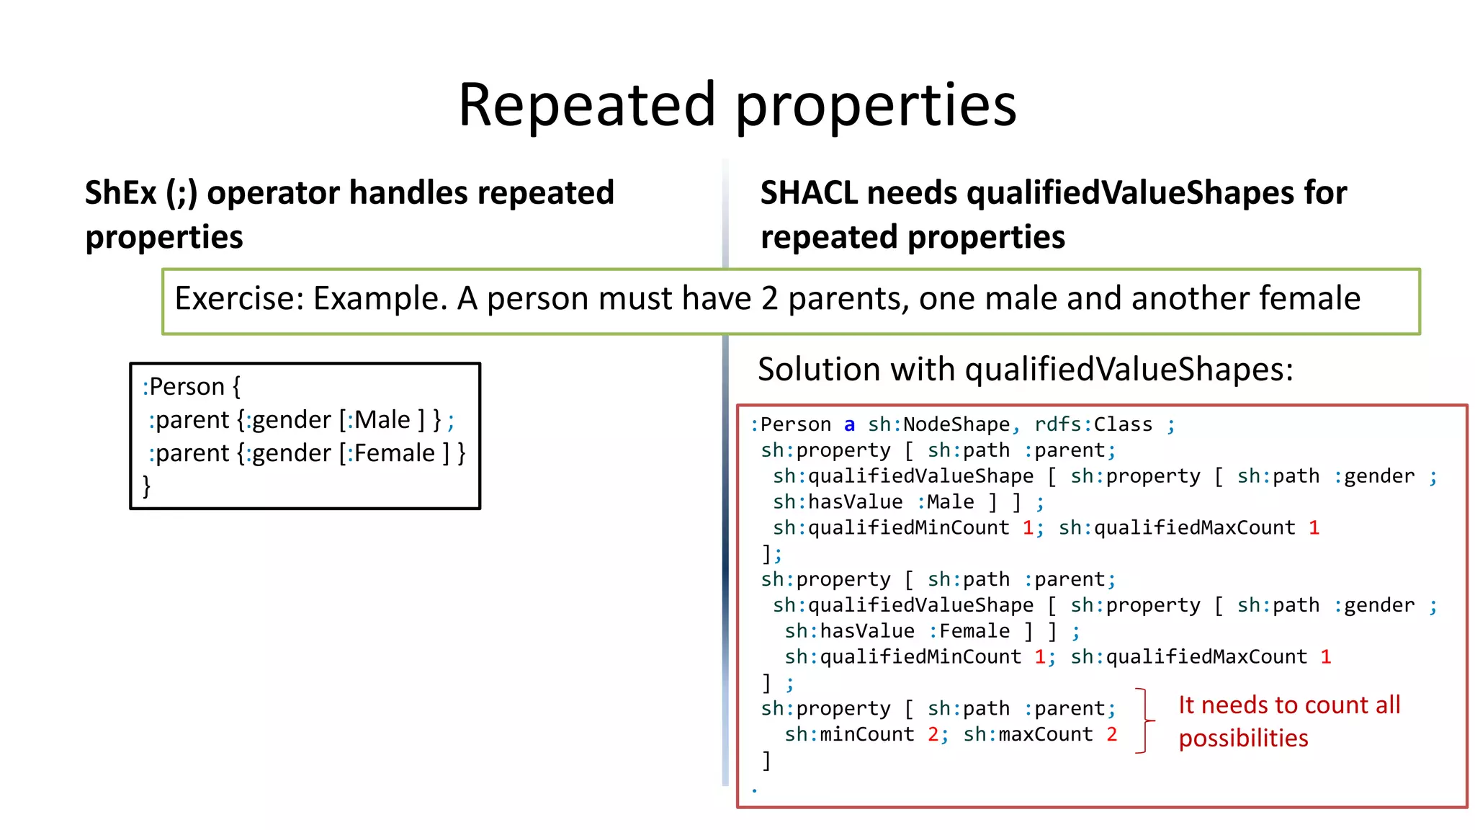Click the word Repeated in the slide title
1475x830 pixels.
[x=587, y=105]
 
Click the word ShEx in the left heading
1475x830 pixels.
[x=120, y=193]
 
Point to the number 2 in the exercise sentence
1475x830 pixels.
[x=769, y=298]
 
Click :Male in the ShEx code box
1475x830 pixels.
[x=379, y=419]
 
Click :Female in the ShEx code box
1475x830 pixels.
[x=391, y=452]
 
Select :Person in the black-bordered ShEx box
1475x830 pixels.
[x=184, y=387]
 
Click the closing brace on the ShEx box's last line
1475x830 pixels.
[x=147, y=486]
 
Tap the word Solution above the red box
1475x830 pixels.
[x=818, y=370]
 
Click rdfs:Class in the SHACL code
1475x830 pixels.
[x=1093, y=424]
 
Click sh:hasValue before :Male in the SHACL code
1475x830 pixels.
[x=837, y=501]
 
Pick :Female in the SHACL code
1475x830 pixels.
[x=969, y=631]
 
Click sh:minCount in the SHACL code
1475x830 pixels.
[x=849, y=734]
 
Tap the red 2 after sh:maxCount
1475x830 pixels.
[x=1112, y=734]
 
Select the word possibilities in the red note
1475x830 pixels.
[x=1243, y=738]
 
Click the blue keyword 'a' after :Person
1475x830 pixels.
[x=849, y=424]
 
